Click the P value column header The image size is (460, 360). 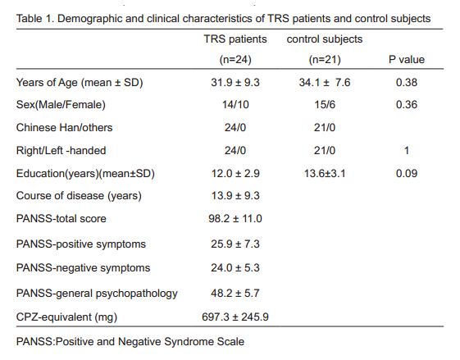(407, 60)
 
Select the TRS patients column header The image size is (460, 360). (235, 39)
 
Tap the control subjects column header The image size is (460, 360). (325, 39)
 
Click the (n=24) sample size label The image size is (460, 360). (235, 60)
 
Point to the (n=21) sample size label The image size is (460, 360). (325, 60)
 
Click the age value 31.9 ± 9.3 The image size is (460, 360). (235, 83)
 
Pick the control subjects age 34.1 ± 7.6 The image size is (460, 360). (325, 83)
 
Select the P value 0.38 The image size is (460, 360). (407, 83)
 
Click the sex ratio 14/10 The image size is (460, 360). (235, 105)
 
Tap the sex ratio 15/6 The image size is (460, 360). (325, 105)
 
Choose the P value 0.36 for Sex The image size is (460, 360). (407, 105)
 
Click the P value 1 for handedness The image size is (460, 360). (407, 151)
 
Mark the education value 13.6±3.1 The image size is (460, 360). (325, 173)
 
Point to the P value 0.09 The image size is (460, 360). (407, 173)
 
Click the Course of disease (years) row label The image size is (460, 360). (79, 196)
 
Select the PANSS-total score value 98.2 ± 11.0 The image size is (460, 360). (235, 219)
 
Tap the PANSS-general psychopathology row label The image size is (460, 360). (97, 294)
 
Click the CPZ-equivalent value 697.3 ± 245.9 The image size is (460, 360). (235, 317)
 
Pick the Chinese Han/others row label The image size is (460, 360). (64, 128)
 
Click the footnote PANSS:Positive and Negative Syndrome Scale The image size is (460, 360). (130, 342)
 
